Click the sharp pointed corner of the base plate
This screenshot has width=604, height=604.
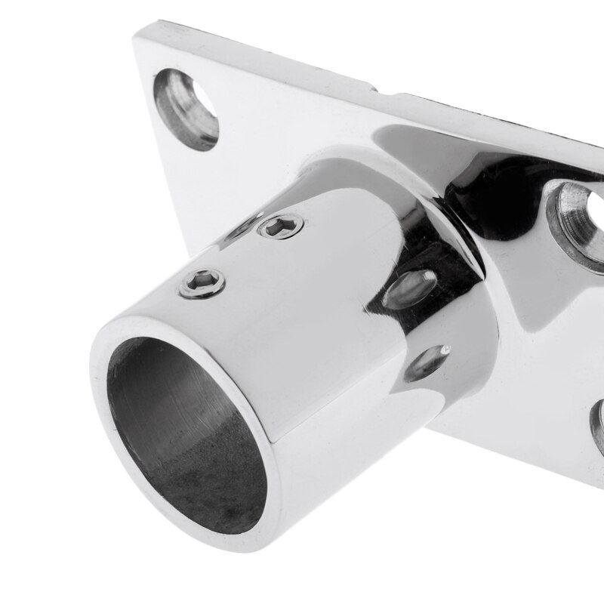(x=137, y=33)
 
